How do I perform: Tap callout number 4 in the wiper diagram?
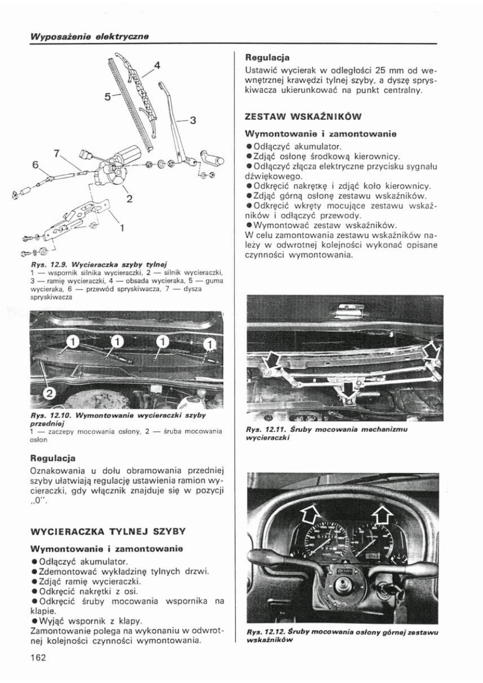pos(157,66)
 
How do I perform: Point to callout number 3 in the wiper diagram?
pos(191,120)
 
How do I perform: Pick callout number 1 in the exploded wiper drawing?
pos(123,228)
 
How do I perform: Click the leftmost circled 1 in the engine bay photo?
pos(73,341)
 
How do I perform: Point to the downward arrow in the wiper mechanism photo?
pos(346,387)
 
